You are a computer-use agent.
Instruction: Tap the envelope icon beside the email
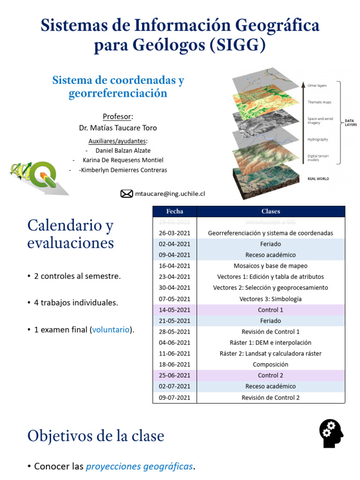127,194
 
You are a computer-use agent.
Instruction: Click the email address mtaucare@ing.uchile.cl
170,194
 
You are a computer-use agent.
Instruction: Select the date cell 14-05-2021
174,310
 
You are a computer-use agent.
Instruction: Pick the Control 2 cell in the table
270,375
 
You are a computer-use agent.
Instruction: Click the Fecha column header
174,211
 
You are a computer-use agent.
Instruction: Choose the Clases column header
270,211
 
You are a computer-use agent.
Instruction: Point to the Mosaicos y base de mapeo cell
270,266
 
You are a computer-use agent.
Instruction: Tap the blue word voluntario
111,330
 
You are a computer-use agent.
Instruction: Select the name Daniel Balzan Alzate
123,150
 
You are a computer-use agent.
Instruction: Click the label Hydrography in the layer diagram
317,139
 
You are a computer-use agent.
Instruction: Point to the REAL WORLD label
318,179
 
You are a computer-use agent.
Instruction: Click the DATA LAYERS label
351,122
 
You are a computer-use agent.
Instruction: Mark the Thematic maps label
319,102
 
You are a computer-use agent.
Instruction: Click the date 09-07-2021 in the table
174,397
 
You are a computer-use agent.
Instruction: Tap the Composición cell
270,364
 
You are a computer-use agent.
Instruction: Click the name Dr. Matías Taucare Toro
118,127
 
